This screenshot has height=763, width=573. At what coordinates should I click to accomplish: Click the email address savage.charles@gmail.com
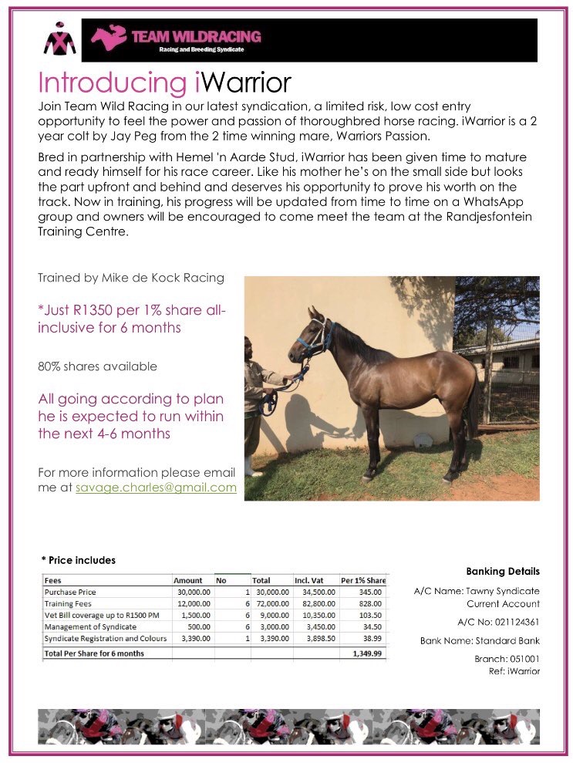[x=156, y=488]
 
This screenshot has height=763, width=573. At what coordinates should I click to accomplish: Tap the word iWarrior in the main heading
[x=240, y=83]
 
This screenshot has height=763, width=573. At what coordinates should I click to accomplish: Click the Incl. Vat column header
[x=312, y=580]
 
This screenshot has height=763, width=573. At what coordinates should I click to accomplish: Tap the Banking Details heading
[x=503, y=572]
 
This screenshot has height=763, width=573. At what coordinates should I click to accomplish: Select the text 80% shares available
[x=97, y=366]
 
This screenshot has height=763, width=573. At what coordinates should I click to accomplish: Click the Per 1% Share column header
[x=363, y=580]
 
